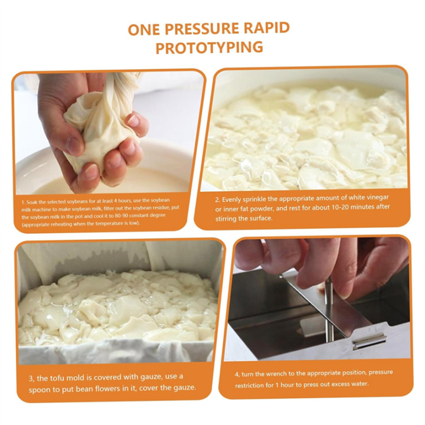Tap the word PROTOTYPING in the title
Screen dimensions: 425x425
tap(210, 48)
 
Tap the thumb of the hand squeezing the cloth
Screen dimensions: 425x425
tap(132, 122)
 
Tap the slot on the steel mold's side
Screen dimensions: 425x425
tap(369, 341)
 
